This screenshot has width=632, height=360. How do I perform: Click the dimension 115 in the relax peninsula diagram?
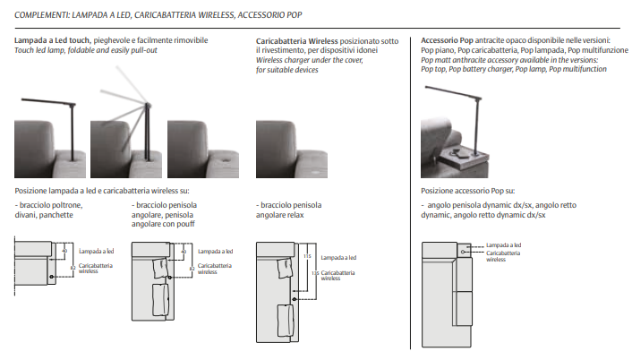pos(307,256)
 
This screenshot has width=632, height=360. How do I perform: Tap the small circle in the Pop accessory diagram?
pos(462,252)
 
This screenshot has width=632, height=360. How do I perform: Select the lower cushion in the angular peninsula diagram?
pos(161,300)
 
